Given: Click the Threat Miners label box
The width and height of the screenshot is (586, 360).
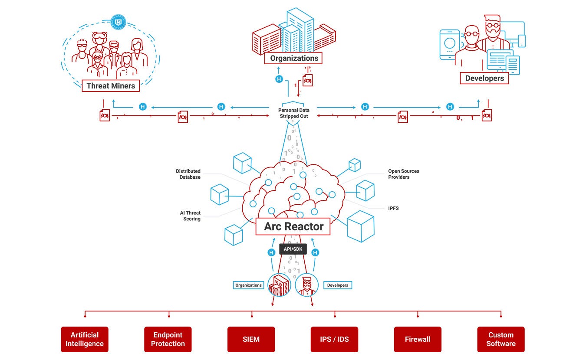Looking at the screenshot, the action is click(111, 86).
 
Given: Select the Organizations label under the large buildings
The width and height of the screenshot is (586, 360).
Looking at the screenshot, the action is click(293, 58).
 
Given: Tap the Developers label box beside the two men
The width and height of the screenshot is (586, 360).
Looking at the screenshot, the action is click(484, 78).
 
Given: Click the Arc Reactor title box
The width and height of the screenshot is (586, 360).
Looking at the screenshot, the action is click(293, 226).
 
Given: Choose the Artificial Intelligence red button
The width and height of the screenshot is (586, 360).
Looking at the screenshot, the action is click(85, 339).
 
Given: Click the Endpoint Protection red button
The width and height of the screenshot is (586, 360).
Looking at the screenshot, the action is click(168, 339).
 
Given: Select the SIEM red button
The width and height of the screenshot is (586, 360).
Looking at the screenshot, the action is click(251, 339).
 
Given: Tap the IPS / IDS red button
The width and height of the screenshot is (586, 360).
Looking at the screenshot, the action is click(334, 339).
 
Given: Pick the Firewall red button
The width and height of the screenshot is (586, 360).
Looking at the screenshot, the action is click(418, 339).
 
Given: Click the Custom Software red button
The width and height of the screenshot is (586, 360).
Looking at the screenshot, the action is click(501, 339).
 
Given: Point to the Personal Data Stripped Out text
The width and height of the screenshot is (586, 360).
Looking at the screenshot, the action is click(293, 113).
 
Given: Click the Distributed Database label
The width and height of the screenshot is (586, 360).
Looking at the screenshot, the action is click(188, 174).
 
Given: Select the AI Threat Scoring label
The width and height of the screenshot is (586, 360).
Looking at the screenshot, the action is click(190, 216).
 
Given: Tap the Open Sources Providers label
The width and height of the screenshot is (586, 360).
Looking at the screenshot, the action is click(404, 174).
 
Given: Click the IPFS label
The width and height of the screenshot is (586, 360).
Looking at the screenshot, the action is click(393, 208).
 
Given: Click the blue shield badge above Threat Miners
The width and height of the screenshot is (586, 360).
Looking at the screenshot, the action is click(118, 22).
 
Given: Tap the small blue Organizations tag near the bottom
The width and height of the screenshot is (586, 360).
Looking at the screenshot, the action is click(248, 285).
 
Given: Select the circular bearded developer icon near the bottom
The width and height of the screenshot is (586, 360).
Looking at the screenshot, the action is click(306, 285).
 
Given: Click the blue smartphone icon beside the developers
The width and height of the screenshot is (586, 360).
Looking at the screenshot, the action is click(449, 44).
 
